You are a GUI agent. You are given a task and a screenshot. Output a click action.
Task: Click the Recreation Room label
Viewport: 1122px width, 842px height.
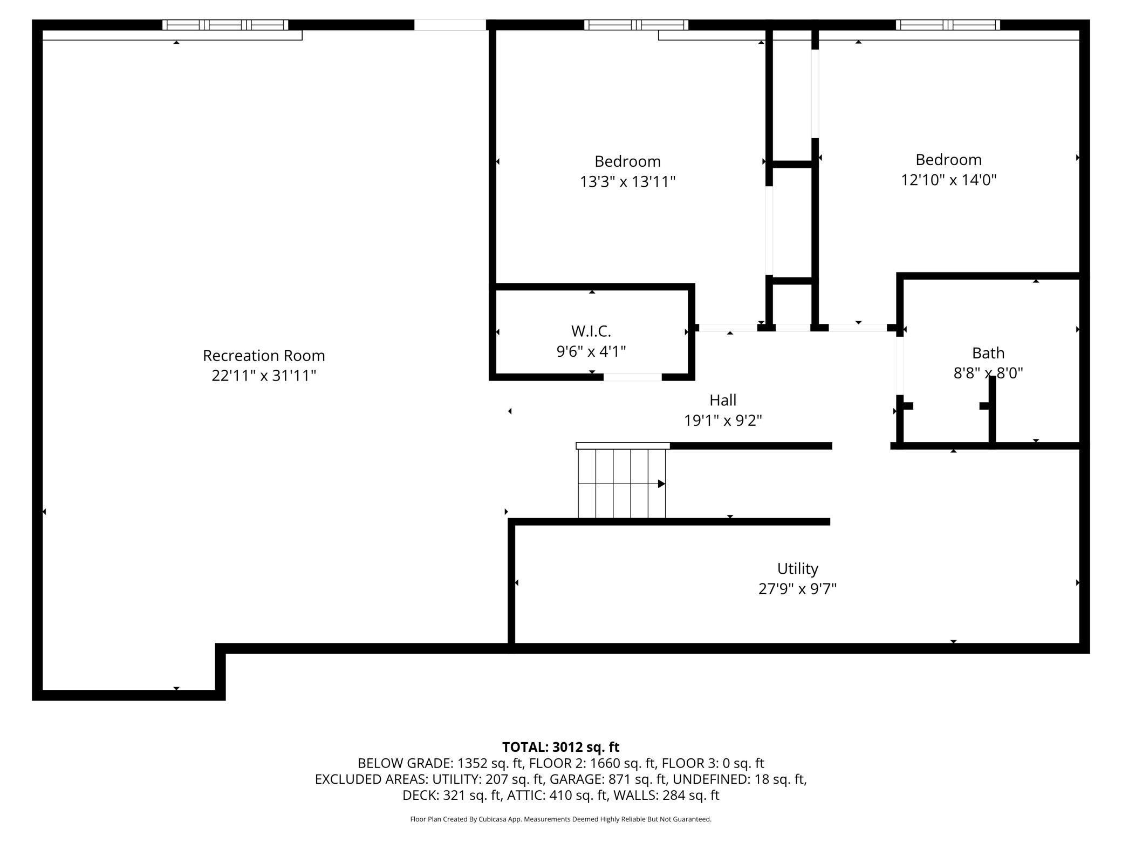click(264, 356)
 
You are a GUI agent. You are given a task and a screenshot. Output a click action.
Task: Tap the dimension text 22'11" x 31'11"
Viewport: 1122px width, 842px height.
click(264, 376)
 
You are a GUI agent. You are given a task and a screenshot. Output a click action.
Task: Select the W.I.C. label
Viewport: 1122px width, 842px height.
click(591, 331)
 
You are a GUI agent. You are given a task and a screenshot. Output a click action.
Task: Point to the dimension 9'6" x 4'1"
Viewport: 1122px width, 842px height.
click(591, 351)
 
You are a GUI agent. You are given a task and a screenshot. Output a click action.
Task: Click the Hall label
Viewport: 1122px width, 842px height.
click(723, 400)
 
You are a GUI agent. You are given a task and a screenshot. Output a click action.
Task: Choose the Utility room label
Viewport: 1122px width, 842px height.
click(797, 569)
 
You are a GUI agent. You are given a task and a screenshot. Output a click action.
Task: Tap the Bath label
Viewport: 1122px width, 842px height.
click(988, 353)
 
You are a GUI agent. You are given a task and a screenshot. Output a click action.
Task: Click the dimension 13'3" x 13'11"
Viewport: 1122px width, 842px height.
click(628, 181)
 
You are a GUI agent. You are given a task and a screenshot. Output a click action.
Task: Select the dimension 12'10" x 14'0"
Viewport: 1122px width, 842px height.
click(949, 180)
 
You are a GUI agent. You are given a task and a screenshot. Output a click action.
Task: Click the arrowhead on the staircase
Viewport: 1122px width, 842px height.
click(662, 484)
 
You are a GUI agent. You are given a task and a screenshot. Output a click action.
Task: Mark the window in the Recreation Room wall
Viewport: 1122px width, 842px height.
click(225, 25)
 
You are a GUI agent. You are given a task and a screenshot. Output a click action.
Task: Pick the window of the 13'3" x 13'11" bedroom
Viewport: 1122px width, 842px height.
click(637, 25)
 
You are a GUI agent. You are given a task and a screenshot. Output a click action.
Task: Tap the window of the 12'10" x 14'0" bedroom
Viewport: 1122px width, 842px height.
click(948, 25)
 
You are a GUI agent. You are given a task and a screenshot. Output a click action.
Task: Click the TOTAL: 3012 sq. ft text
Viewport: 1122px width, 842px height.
click(561, 747)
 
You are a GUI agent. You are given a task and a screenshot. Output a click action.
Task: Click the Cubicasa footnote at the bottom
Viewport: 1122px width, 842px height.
click(561, 819)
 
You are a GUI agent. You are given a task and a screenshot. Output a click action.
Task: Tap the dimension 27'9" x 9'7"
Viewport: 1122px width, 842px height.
click(797, 589)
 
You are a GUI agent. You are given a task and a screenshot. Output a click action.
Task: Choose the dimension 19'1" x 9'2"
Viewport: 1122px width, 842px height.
click(723, 420)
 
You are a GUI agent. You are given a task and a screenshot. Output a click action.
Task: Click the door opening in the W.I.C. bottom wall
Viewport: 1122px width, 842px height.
click(633, 377)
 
